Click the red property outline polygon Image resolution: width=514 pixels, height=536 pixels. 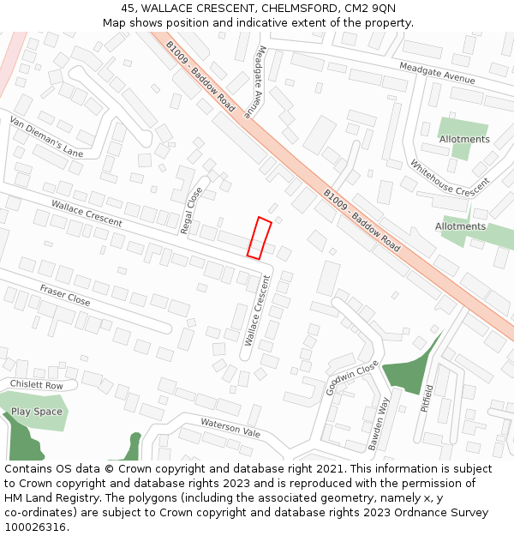260,238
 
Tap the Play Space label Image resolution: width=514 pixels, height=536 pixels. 37,412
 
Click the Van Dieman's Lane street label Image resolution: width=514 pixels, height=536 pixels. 46,137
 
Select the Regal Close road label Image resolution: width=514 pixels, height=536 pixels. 191,210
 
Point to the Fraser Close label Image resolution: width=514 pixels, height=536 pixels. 65,295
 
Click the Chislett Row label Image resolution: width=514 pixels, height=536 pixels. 37,385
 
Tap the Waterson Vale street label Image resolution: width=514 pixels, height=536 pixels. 230,428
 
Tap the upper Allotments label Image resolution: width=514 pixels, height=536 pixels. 464,139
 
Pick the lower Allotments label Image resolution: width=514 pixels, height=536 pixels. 460,226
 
